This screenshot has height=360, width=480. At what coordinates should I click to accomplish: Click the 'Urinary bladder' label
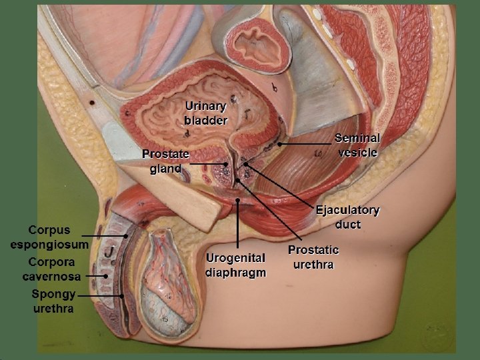pos(206,114)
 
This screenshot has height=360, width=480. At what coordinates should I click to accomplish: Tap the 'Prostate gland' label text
pos(165,161)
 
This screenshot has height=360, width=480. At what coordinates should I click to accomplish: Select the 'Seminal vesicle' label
pos(357,145)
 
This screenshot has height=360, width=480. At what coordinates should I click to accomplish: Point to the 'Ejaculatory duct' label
pos(347,217)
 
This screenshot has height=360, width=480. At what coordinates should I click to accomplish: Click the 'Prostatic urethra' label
pos(313,257)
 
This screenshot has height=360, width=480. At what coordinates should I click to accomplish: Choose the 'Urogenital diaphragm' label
pos(236,265)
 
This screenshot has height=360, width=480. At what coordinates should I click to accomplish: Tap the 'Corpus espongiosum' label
pos(49,237)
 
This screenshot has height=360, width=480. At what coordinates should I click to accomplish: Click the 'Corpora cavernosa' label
pos(51,269)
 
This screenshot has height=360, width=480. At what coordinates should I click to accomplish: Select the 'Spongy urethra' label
pos(53,301)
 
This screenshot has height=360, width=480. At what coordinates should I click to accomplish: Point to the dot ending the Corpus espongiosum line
pos(125,235)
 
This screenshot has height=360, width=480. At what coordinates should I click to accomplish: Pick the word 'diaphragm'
pos(236,273)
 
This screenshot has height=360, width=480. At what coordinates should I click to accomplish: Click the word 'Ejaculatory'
pos(347,210)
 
